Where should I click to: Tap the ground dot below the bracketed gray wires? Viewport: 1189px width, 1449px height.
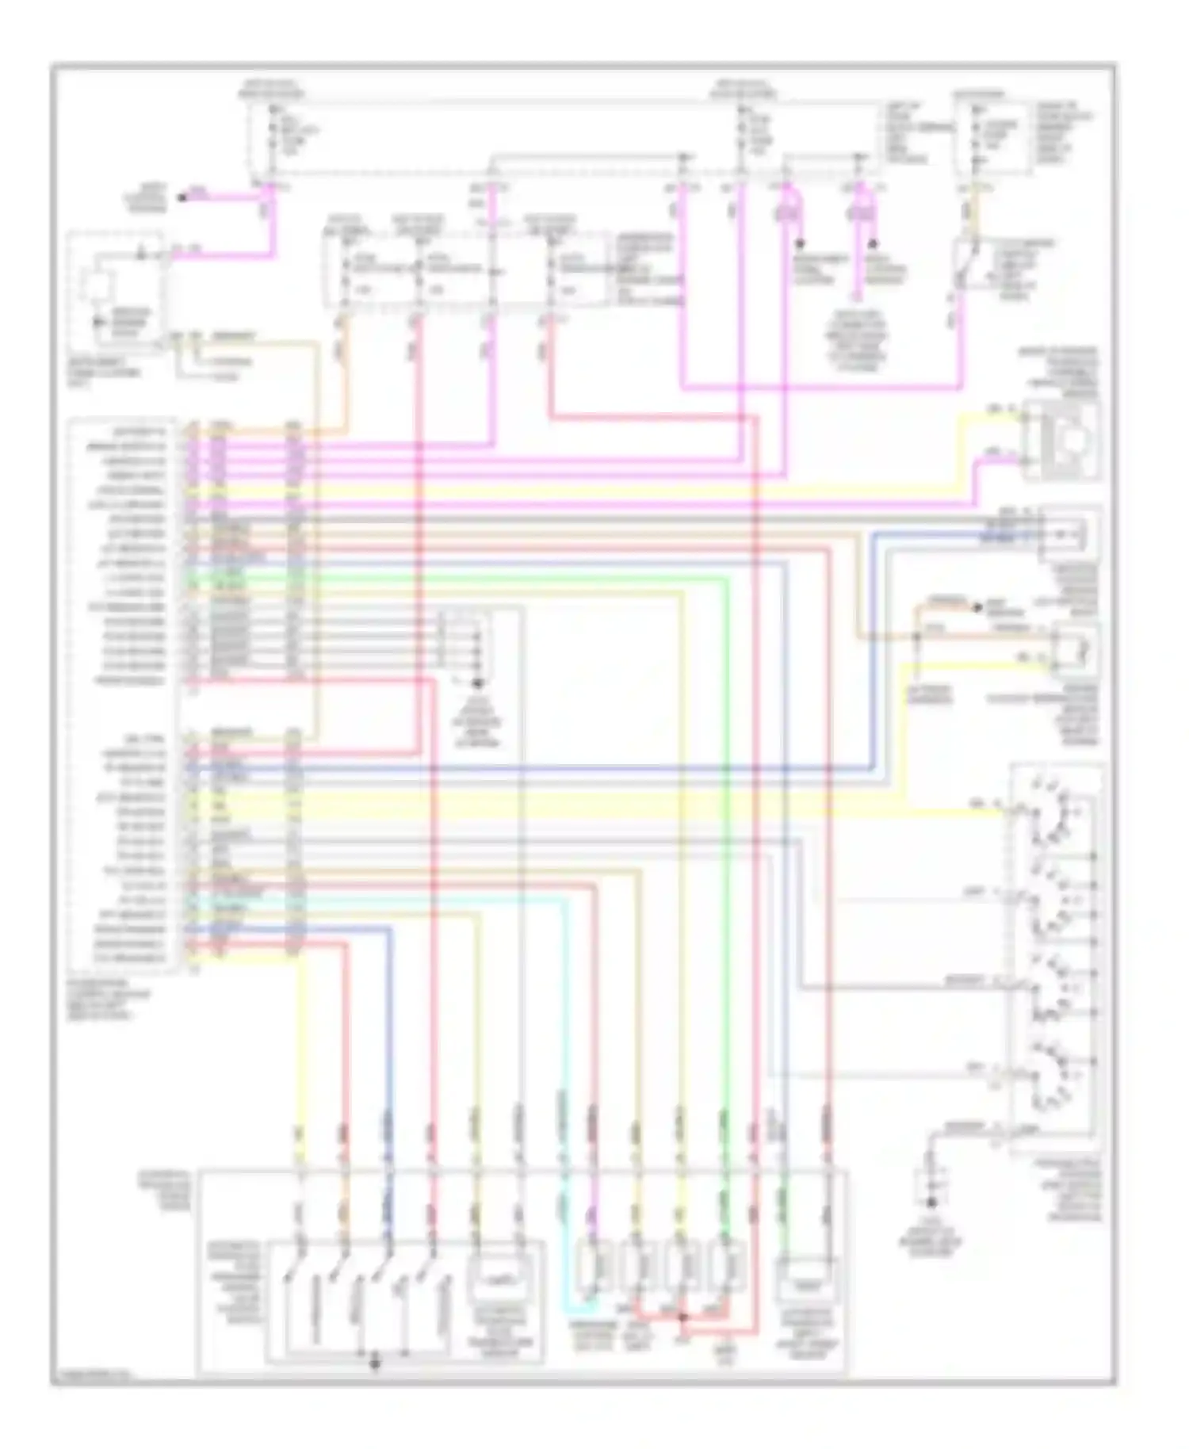(x=477, y=682)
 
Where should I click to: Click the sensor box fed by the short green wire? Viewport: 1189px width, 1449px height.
(x=807, y=1278)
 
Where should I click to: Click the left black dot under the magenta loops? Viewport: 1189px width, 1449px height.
(x=799, y=243)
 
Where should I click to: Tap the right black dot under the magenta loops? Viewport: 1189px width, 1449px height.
(x=874, y=243)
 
